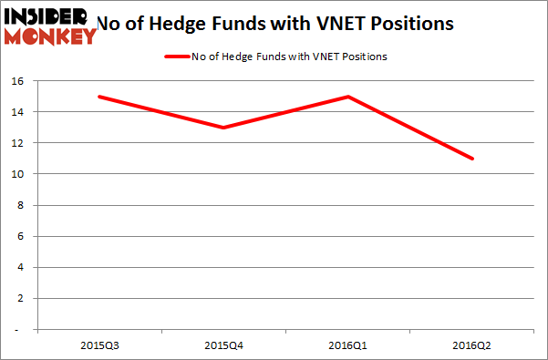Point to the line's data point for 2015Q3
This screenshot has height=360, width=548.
coord(98,97)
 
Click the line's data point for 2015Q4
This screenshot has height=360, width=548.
coord(222,128)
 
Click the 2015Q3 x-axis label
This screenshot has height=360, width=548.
coord(98,345)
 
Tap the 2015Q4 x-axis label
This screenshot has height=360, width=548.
coord(222,345)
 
